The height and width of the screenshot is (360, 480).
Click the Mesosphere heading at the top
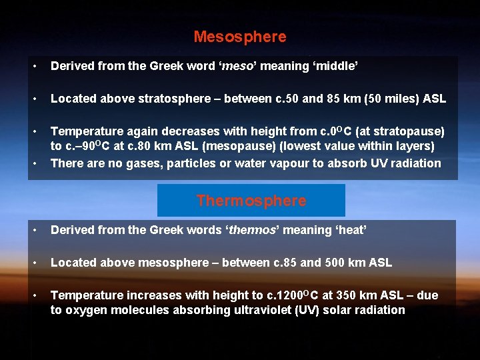[240, 37]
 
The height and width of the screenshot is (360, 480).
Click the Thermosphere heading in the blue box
[251, 201]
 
